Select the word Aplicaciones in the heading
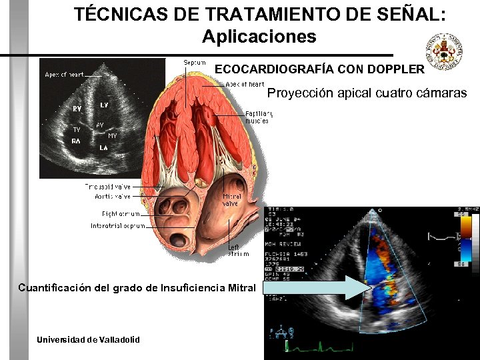pyautogui.click(x=259, y=36)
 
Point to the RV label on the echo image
pyautogui.click(x=78, y=109)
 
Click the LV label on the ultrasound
pyautogui.click(x=105, y=105)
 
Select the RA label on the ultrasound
pyautogui.click(x=77, y=141)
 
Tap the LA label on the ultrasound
pyautogui.click(x=105, y=147)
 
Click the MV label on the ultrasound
pyautogui.click(x=113, y=136)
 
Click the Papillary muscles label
pyautogui.click(x=258, y=117)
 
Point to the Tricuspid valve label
pyautogui.click(x=108, y=187)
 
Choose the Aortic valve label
pyautogui.click(x=113, y=197)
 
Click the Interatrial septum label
pyautogui.click(x=117, y=226)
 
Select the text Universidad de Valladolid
pyautogui.click(x=88, y=339)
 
